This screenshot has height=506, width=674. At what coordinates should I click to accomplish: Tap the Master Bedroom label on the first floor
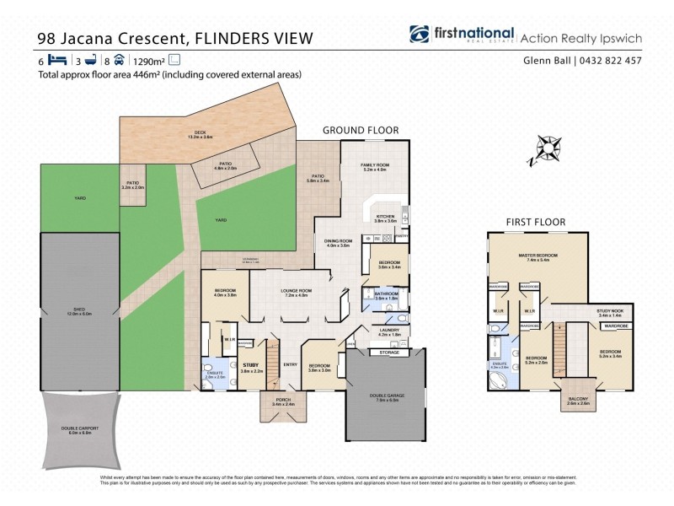click(x=537, y=258)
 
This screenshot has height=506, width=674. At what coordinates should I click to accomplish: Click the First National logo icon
click(x=419, y=35)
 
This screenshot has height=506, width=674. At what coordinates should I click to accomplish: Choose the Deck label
click(x=201, y=133)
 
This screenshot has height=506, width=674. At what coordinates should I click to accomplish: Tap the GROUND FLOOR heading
click(x=361, y=130)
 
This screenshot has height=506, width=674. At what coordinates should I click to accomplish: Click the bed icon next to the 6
click(x=57, y=60)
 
